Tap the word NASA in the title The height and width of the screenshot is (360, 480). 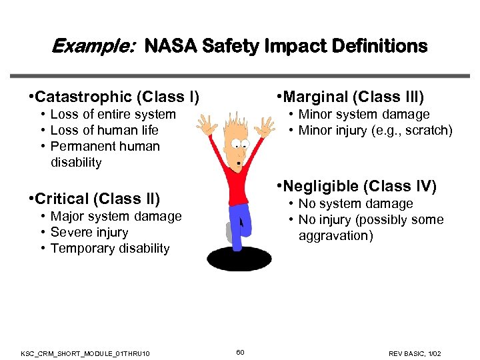pyautogui.click(x=171, y=46)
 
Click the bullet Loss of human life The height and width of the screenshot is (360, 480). pyautogui.click(x=105, y=130)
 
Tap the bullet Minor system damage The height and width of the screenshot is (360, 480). pyautogui.click(x=363, y=115)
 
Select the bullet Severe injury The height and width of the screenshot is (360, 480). pyautogui.click(x=89, y=233)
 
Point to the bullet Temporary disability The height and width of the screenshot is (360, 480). pyautogui.click(x=110, y=249)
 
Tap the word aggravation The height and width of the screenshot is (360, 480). pyautogui.click(x=336, y=236)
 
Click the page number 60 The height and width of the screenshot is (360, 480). pyautogui.click(x=240, y=351)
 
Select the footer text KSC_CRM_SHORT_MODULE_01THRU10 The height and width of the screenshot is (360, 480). pyautogui.click(x=85, y=352)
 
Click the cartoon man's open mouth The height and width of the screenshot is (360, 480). pyautogui.click(x=240, y=163)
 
